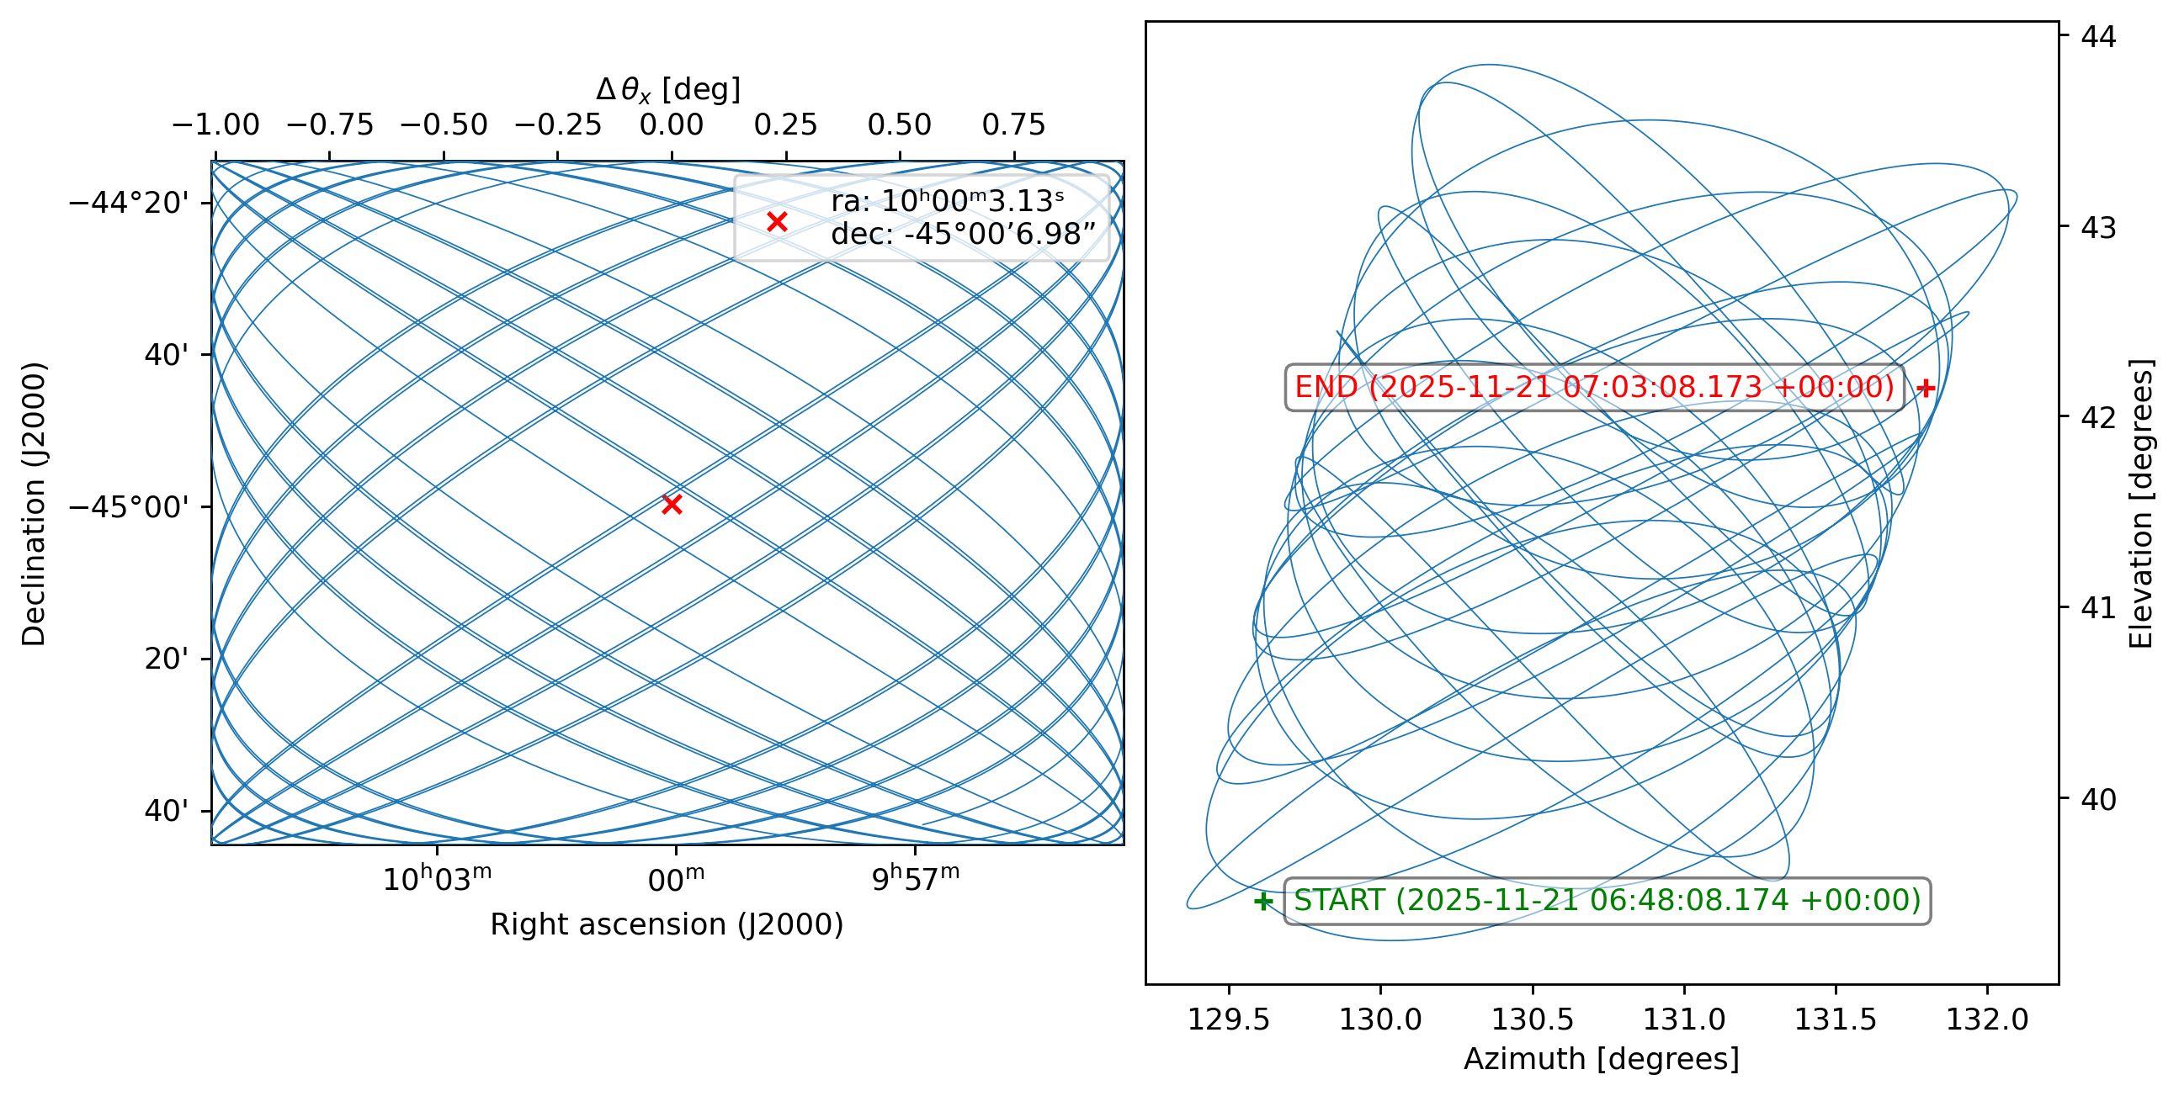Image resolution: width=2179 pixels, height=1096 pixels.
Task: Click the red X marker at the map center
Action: pyautogui.click(x=672, y=505)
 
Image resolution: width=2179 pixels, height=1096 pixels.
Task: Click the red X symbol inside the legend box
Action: pyautogui.click(x=777, y=221)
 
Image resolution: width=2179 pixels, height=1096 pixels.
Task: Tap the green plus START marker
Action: pyautogui.click(x=1262, y=902)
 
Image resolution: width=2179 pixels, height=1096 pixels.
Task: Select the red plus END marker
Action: pyautogui.click(x=1925, y=388)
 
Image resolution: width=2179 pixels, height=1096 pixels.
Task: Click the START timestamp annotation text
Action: pyautogui.click(x=1608, y=901)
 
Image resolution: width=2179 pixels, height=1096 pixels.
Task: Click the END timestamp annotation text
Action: pyautogui.click(x=1594, y=387)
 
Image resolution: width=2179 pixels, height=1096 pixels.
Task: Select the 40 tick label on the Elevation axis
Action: pyautogui.click(x=2098, y=798)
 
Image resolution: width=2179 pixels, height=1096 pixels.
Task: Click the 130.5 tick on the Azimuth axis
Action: pyautogui.click(x=1532, y=1019)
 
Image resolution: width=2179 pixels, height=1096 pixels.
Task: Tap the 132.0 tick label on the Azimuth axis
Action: pyautogui.click(x=1987, y=1019)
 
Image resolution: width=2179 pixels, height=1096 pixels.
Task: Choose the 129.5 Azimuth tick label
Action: pyautogui.click(x=1228, y=1019)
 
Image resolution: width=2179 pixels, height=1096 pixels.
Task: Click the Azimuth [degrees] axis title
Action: pyautogui.click(x=1601, y=1059)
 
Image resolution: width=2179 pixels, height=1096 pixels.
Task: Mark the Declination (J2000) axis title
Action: pyautogui.click(x=34, y=505)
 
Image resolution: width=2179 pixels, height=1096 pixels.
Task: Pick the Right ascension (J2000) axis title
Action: pyautogui.click(x=667, y=924)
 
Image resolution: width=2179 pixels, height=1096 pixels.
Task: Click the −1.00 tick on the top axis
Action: pyautogui.click(x=215, y=125)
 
